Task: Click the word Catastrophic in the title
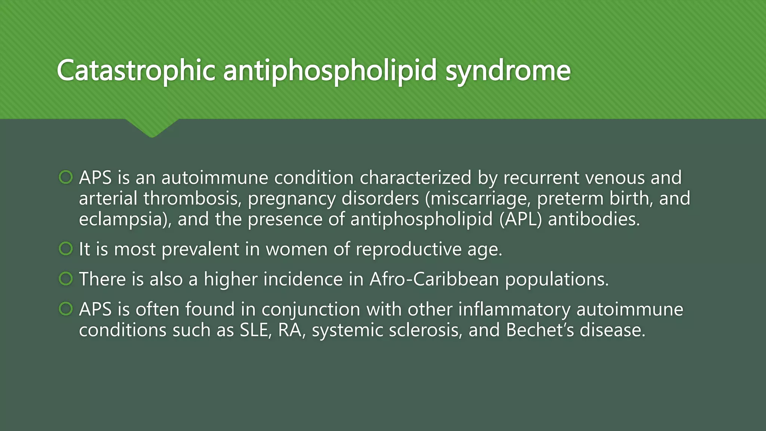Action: (136, 70)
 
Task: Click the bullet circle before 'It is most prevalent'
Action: (66, 248)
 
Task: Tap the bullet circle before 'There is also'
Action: (66, 279)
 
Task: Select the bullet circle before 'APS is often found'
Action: (66, 309)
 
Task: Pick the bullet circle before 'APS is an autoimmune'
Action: (66, 177)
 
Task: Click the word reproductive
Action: (408, 249)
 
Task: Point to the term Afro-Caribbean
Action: (434, 279)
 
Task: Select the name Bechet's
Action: (540, 330)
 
